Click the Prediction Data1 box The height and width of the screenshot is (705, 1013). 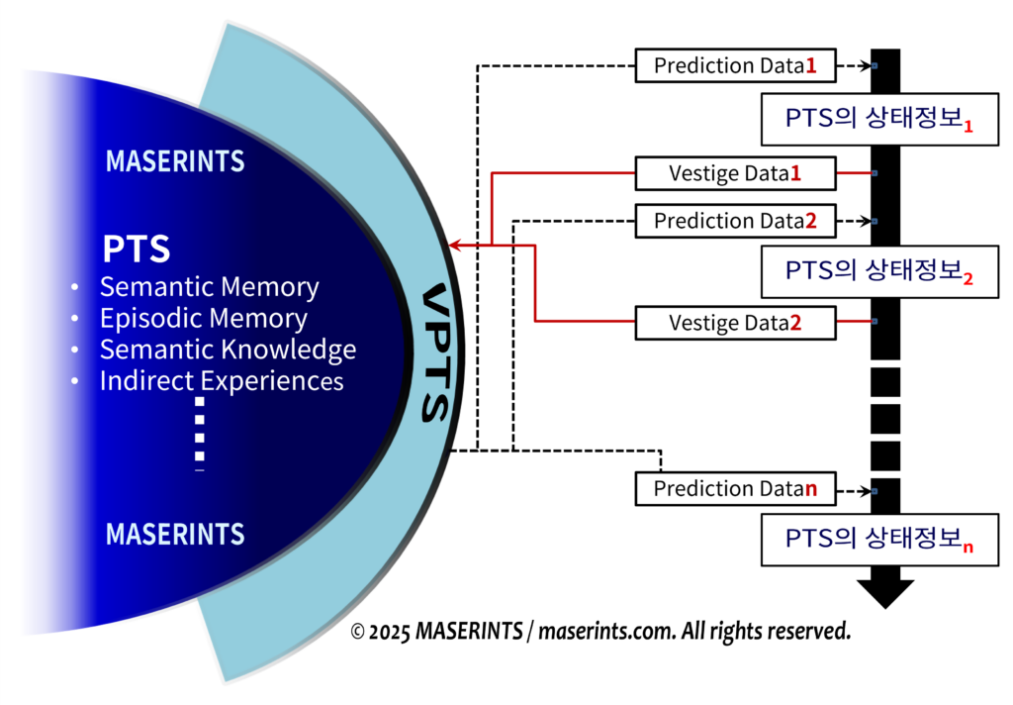[736, 66]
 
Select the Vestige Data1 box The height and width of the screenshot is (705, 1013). [736, 173]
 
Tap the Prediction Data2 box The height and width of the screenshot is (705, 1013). [736, 220]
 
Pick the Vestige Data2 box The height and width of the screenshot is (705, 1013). [736, 322]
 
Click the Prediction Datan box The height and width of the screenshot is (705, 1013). [736, 488]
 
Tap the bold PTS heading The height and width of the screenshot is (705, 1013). [136, 250]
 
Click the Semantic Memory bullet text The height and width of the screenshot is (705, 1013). [209, 287]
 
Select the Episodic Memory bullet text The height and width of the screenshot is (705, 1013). [203, 318]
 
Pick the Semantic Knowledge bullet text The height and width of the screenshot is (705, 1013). [228, 350]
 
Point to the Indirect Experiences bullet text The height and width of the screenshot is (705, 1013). [222, 380]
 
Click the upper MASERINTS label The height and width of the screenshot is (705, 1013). [175, 160]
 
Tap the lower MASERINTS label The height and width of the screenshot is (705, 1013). [175, 535]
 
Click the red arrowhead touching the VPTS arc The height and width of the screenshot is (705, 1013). [455, 244]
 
